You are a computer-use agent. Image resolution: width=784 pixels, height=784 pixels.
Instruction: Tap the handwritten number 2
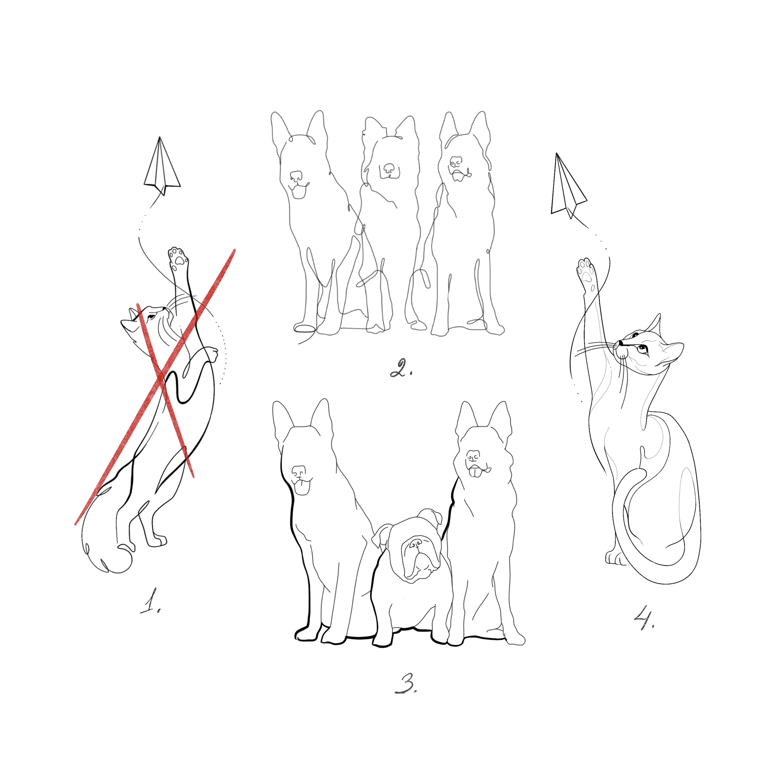tap(401, 367)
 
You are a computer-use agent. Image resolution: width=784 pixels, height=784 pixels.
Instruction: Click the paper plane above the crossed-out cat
tap(161, 166)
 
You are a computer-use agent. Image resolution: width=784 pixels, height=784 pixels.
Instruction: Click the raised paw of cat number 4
tap(586, 271)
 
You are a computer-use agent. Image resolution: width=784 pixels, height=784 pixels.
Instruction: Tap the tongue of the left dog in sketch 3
tap(301, 490)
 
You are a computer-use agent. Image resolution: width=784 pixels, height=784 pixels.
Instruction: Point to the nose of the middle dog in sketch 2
tap(389, 168)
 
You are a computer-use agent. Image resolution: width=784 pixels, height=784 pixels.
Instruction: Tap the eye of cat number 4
tap(641, 348)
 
